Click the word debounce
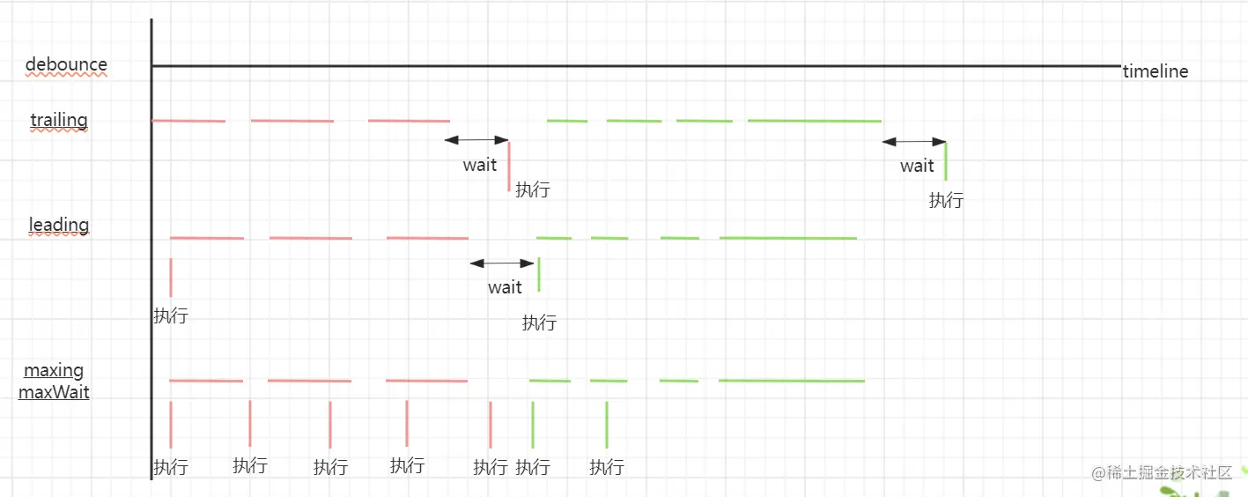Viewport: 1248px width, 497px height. coord(66,64)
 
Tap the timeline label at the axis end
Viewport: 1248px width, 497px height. coord(1155,72)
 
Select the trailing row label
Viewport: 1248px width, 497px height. coord(59,120)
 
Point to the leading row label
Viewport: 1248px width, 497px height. coord(59,225)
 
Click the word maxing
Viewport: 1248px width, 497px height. coord(54,370)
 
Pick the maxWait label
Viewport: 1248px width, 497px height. coord(54,392)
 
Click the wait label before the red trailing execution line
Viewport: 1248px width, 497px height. coord(480,165)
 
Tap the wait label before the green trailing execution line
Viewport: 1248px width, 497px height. coord(917,166)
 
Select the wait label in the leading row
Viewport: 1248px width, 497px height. coord(505,287)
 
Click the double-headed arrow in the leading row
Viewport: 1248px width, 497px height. coord(502,263)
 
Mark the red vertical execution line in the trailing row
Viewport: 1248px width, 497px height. coord(509,166)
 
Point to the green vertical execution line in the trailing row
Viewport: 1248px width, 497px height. coord(946,161)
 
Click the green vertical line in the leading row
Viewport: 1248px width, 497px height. coord(539,274)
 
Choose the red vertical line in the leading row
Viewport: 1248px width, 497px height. coord(171,278)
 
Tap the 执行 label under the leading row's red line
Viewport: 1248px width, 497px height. coord(171,315)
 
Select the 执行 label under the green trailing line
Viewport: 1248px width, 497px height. coord(946,200)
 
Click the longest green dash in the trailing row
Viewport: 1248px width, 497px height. coord(815,121)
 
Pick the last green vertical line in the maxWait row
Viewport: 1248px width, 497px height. coord(607,424)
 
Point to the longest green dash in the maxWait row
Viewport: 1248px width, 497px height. coord(792,381)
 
